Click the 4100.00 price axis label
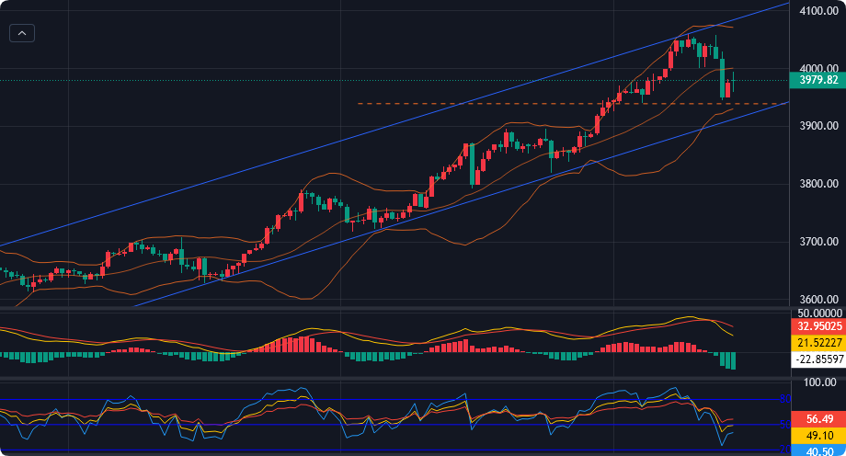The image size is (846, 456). pos(817,11)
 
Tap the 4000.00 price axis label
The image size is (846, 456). pos(817,68)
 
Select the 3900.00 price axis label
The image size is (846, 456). pos(817,126)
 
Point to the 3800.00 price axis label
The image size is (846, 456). pos(817,184)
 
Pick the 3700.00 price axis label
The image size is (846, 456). pos(817,242)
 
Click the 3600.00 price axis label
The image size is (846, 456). pos(817,299)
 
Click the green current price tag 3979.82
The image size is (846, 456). pos(817,80)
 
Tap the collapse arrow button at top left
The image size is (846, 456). pos(22,33)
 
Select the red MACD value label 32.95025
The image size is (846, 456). pos(817,325)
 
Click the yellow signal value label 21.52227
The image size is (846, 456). pos(817,342)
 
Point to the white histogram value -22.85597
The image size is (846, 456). pos(817,359)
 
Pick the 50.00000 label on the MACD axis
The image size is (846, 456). pos(817,313)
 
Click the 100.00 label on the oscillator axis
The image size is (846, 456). pos(817,382)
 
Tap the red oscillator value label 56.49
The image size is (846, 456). pos(817,419)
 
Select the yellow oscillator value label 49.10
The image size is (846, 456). pos(817,435)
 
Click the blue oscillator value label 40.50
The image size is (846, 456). pos(817,450)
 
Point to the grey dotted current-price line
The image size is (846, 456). pos(368,80)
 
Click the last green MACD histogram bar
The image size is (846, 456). pos(733,359)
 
